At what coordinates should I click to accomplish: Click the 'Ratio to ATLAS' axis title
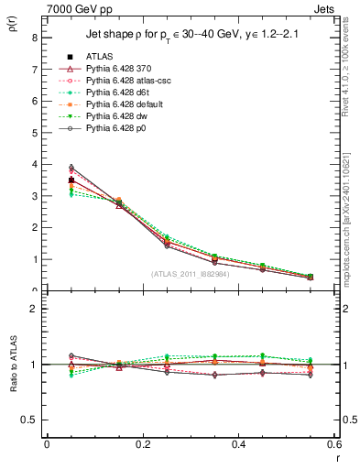12,365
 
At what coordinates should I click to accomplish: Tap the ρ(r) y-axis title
12,32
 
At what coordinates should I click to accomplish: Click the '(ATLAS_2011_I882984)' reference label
191,274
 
